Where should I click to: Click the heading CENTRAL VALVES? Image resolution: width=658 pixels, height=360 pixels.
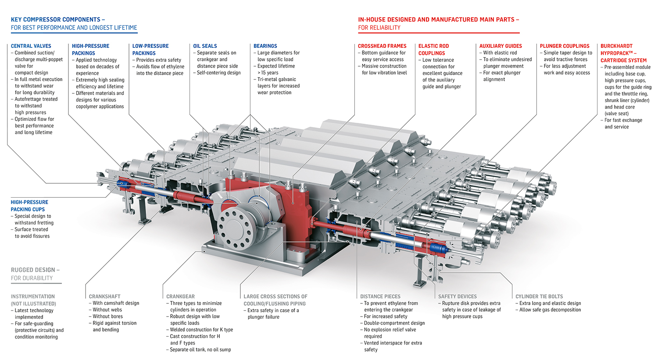[x=31, y=46]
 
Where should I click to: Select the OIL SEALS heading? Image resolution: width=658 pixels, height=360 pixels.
[x=205, y=46]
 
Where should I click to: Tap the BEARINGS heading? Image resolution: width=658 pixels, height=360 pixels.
[x=265, y=46]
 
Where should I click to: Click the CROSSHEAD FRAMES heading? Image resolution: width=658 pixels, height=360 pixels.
[x=382, y=46]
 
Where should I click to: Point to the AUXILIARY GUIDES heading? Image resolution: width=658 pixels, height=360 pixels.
[x=500, y=46]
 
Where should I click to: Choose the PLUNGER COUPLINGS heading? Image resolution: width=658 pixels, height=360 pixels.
[x=564, y=46]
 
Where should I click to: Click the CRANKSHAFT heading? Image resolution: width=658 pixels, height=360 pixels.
[x=104, y=296]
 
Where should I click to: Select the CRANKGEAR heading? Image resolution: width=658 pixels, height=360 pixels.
[x=180, y=296]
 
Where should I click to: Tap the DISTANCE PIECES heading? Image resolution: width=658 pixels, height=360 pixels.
[x=380, y=296]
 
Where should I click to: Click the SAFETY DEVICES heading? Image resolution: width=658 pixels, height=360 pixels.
[x=457, y=296]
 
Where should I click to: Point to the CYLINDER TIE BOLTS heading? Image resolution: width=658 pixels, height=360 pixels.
[x=539, y=296]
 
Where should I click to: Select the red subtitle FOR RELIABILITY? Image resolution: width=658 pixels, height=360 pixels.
[x=379, y=28]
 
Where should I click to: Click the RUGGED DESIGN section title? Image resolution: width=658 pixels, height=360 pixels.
[x=35, y=270]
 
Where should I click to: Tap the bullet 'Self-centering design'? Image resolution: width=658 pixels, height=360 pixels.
[x=218, y=73]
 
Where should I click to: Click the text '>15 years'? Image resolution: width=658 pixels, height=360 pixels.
[x=268, y=73]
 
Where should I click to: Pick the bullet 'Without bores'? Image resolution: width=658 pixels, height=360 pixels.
[x=107, y=316]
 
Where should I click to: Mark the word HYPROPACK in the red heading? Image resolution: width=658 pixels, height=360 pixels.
[x=616, y=53]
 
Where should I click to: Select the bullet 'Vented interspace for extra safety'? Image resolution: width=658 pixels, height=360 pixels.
[x=393, y=346]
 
